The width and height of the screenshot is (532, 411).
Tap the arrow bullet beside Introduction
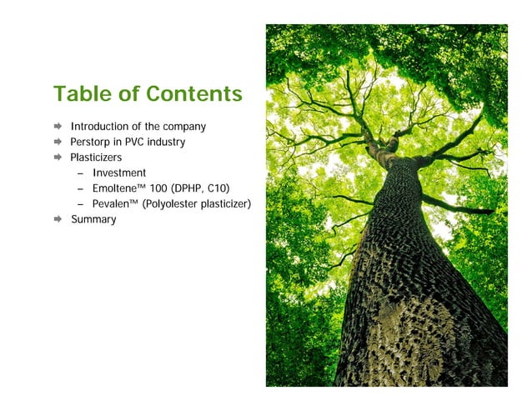58,127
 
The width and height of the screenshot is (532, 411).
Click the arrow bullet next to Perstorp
58,142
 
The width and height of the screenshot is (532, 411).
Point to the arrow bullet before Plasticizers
58,158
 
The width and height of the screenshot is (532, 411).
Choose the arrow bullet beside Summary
58,219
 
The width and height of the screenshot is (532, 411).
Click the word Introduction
101,127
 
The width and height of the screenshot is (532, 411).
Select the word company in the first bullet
184,127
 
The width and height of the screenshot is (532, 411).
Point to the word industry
168,142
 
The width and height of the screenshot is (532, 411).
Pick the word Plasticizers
96,158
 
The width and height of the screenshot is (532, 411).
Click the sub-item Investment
119,173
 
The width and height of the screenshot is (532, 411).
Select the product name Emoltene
113,188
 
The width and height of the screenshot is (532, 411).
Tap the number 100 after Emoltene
157,188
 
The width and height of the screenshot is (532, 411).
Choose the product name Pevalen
110,204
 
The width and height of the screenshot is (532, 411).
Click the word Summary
93,219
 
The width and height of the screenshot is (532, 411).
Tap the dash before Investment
80,173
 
